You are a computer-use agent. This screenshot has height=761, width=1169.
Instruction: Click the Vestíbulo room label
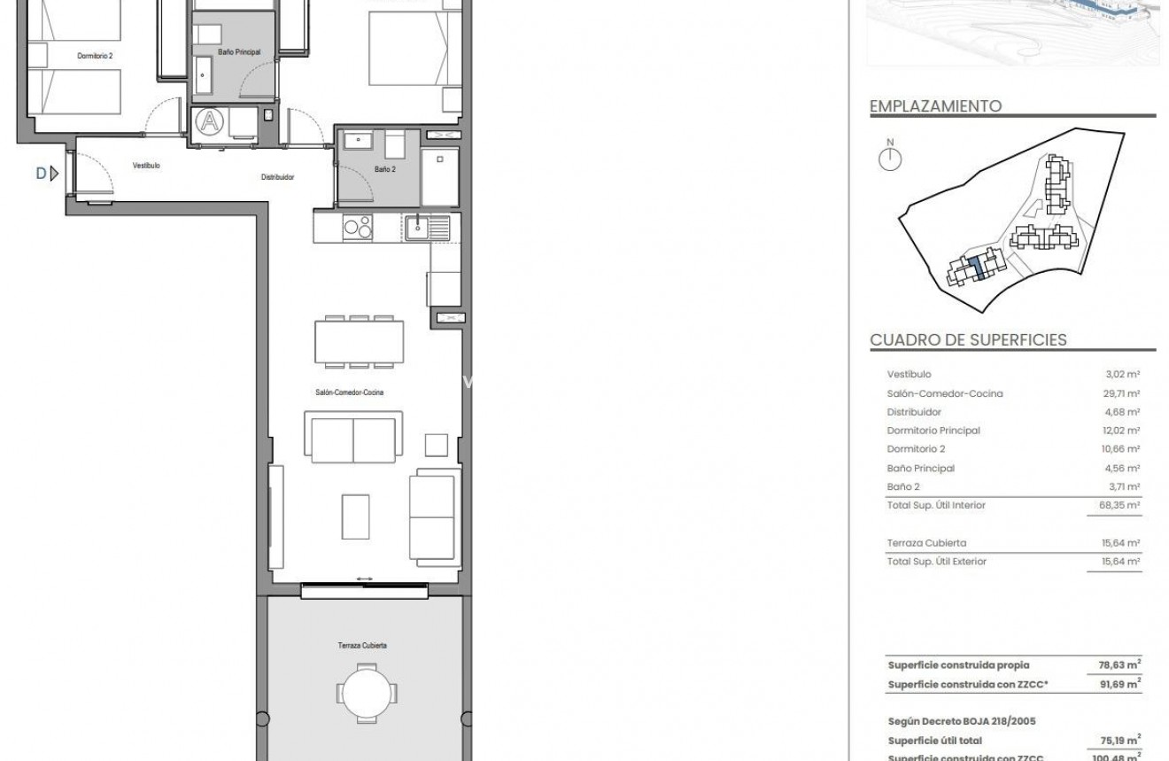click(146, 166)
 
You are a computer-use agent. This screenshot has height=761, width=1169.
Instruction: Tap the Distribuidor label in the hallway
click(277, 177)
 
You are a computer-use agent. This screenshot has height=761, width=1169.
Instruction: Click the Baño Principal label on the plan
click(238, 53)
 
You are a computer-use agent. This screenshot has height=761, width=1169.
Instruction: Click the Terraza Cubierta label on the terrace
click(361, 646)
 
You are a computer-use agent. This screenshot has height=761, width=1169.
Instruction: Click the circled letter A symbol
click(210, 121)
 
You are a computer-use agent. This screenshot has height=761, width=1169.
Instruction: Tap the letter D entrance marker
click(41, 174)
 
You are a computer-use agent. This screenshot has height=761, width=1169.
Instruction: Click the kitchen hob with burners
click(358, 228)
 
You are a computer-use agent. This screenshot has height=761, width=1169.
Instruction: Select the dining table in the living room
click(359, 341)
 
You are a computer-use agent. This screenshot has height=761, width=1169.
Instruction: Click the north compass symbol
click(890, 159)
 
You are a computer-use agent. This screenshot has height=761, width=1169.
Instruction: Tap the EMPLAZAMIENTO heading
click(935, 106)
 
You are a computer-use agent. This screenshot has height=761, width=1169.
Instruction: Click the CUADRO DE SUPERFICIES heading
click(968, 340)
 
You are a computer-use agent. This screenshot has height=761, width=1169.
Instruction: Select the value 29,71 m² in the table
click(1122, 393)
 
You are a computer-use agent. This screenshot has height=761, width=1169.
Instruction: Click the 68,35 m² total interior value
click(1120, 506)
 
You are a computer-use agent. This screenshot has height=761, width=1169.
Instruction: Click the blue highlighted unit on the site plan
click(976, 267)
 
